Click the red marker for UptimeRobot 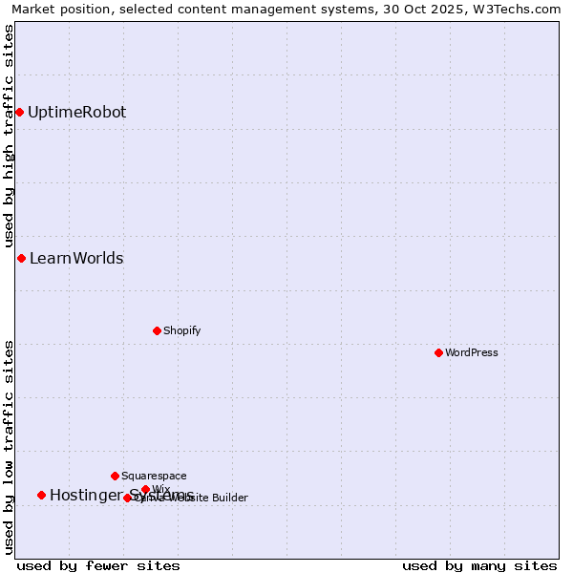pyautogui.click(x=19, y=112)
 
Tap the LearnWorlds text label pyautogui.click(x=76, y=258)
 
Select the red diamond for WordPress pyautogui.click(x=438, y=352)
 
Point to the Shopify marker pyautogui.click(x=157, y=330)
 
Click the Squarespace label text pyautogui.click(x=154, y=476)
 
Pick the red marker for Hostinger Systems pyautogui.click(x=41, y=495)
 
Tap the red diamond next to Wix pyautogui.click(x=145, y=489)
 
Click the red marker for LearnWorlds pyautogui.click(x=21, y=258)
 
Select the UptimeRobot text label pyautogui.click(x=76, y=112)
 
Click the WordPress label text pyautogui.click(x=472, y=352)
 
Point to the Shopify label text pyautogui.click(x=181, y=330)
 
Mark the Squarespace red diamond pyautogui.click(x=115, y=476)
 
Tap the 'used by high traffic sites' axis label pyautogui.click(x=9, y=136)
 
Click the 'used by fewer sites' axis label pyautogui.click(x=98, y=565)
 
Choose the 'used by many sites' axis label pyautogui.click(x=479, y=565)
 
